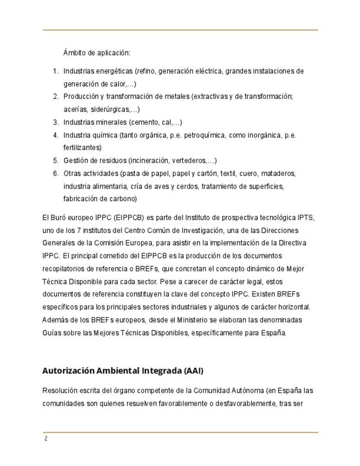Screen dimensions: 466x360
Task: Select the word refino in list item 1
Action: click(x=146, y=71)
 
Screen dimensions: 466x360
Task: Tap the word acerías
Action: click(x=75, y=109)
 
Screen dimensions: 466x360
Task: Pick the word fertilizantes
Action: click(x=82, y=148)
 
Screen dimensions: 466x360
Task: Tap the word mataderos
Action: click(x=278, y=174)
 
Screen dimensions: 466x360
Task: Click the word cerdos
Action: click(x=190, y=186)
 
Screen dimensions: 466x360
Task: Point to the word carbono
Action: click(x=122, y=199)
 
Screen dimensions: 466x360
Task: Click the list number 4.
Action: click(x=56, y=135)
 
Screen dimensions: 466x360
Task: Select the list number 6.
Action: click(x=56, y=174)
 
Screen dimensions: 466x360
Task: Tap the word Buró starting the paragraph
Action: click(x=59, y=217)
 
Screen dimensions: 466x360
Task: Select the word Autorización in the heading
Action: click(x=68, y=371)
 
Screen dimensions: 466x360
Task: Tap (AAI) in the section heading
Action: click(x=192, y=371)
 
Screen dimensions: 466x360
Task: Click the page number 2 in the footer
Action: click(x=46, y=439)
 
